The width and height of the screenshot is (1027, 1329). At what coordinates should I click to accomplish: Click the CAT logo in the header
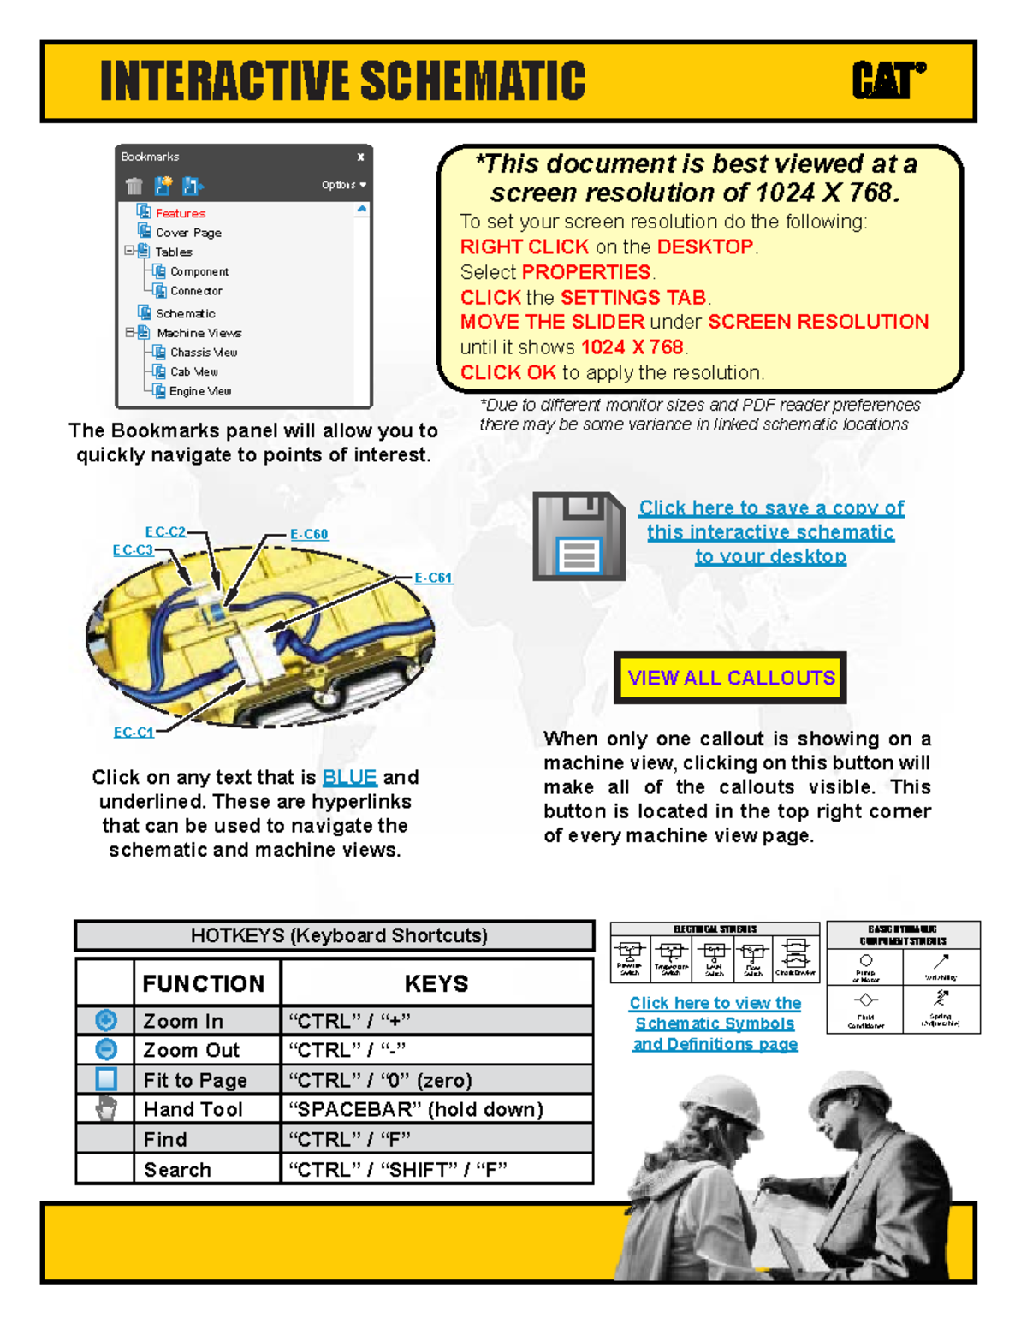coord(888,81)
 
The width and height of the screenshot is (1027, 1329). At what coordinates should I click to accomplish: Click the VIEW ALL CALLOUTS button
coord(730,678)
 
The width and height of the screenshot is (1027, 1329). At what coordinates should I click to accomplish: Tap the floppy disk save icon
coord(579,537)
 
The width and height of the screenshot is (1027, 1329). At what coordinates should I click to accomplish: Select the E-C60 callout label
coord(309,534)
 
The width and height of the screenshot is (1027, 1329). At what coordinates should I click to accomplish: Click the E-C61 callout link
coord(433,578)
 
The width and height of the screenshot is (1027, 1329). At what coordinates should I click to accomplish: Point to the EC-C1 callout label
coord(134,732)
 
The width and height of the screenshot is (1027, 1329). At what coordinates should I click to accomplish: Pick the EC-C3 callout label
coord(133,549)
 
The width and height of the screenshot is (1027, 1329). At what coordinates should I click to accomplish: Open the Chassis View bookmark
coord(203,352)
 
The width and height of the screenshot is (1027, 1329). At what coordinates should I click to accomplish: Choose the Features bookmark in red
coord(180,213)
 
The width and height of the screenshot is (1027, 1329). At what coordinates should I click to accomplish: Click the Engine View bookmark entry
coord(199,391)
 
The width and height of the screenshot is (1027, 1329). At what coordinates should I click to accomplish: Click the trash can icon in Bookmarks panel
coord(134,186)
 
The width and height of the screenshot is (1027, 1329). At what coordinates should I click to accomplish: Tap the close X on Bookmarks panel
coord(360,157)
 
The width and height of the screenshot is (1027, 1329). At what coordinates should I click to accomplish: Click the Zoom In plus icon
coord(105,1020)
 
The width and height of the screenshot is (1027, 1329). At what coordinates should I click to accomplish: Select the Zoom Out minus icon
coord(105,1049)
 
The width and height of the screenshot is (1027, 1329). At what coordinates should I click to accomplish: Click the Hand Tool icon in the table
coord(105,1109)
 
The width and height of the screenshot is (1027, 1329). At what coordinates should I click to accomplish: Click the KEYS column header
coord(436,983)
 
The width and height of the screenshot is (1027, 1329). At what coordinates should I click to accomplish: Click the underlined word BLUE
coord(349,777)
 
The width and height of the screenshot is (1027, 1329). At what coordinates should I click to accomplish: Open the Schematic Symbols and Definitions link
coord(715,1023)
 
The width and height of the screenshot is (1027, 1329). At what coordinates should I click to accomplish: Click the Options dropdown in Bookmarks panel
coord(344,185)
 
